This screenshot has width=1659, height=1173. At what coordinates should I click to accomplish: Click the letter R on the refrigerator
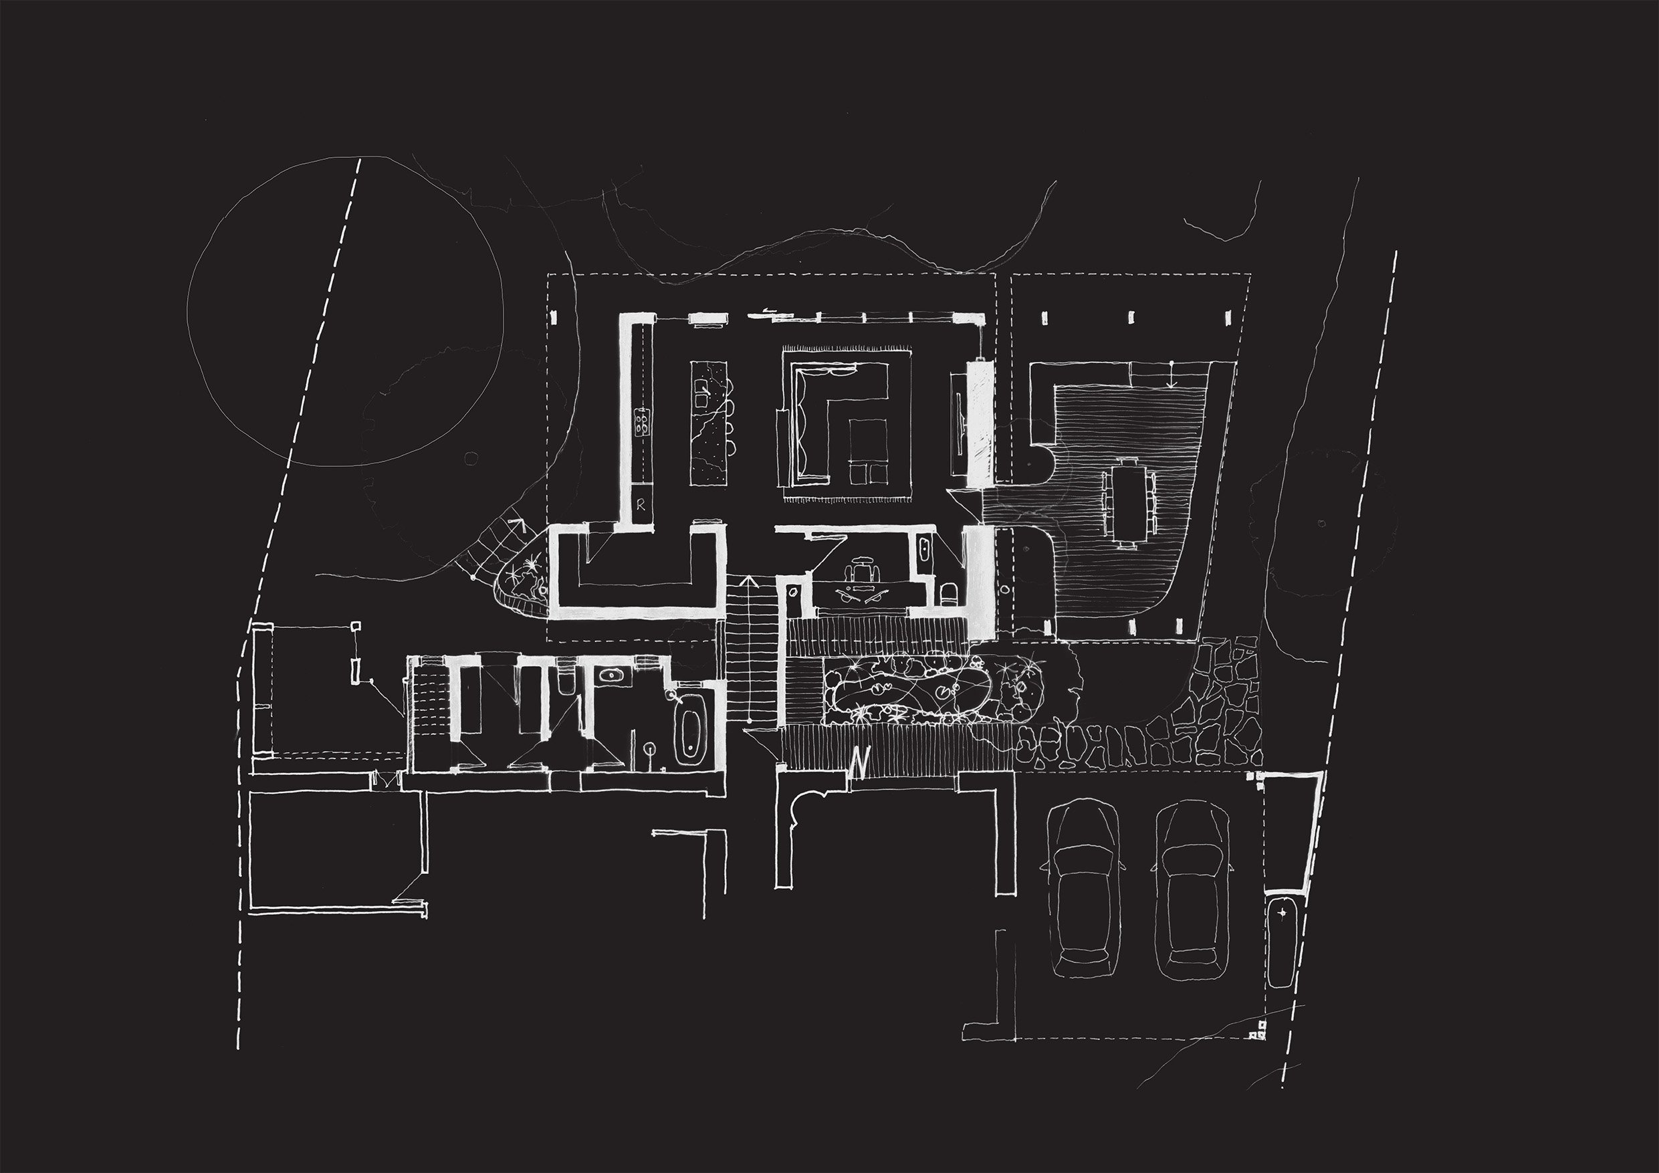click(641, 507)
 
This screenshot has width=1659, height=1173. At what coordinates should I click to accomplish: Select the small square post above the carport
click(356, 627)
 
